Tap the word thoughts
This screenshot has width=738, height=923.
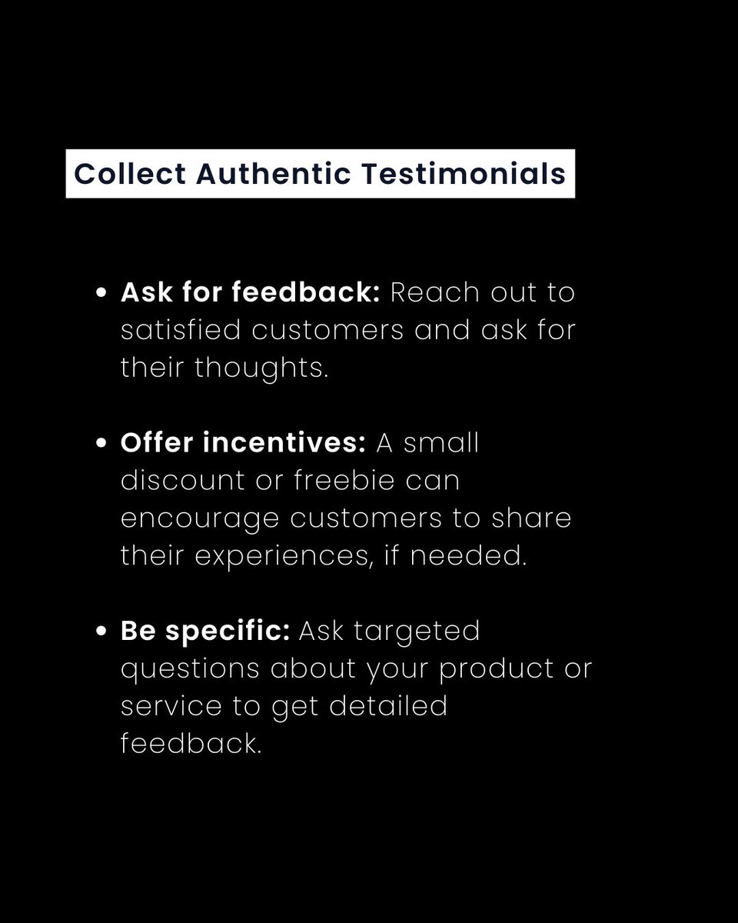pyautogui.click(x=262, y=368)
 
